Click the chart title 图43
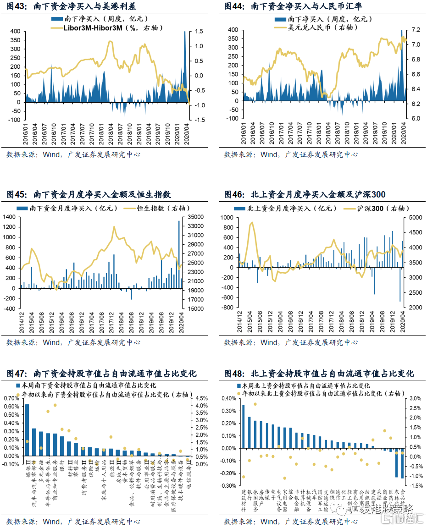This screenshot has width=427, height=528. [x=71, y=6]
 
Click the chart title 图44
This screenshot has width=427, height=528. [x=293, y=6]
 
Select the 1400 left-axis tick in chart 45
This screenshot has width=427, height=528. [x=10, y=217]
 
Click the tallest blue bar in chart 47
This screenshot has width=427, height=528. [x=27, y=430]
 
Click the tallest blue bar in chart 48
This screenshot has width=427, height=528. [x=243, y=426]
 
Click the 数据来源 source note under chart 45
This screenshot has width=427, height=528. [x=73, y=342]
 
